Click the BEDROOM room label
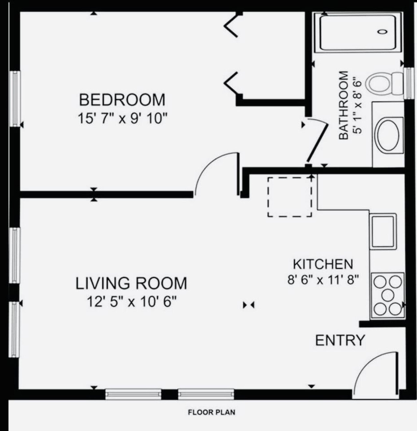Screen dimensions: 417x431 coord(122,100)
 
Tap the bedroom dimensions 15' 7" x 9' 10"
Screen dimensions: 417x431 coord(122,118)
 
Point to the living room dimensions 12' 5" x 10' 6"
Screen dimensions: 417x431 coord(132,302)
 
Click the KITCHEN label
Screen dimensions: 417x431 coord(323,264)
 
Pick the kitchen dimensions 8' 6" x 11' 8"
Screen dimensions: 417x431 coord(323,280)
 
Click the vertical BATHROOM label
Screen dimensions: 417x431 coord(343,105)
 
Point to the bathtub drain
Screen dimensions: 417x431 coord(383,32)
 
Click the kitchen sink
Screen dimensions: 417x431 coord(383,231)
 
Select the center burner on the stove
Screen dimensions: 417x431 coord(388,295)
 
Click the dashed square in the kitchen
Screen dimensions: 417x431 coord(290,197)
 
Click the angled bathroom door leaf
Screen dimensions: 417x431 coord(317,144)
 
